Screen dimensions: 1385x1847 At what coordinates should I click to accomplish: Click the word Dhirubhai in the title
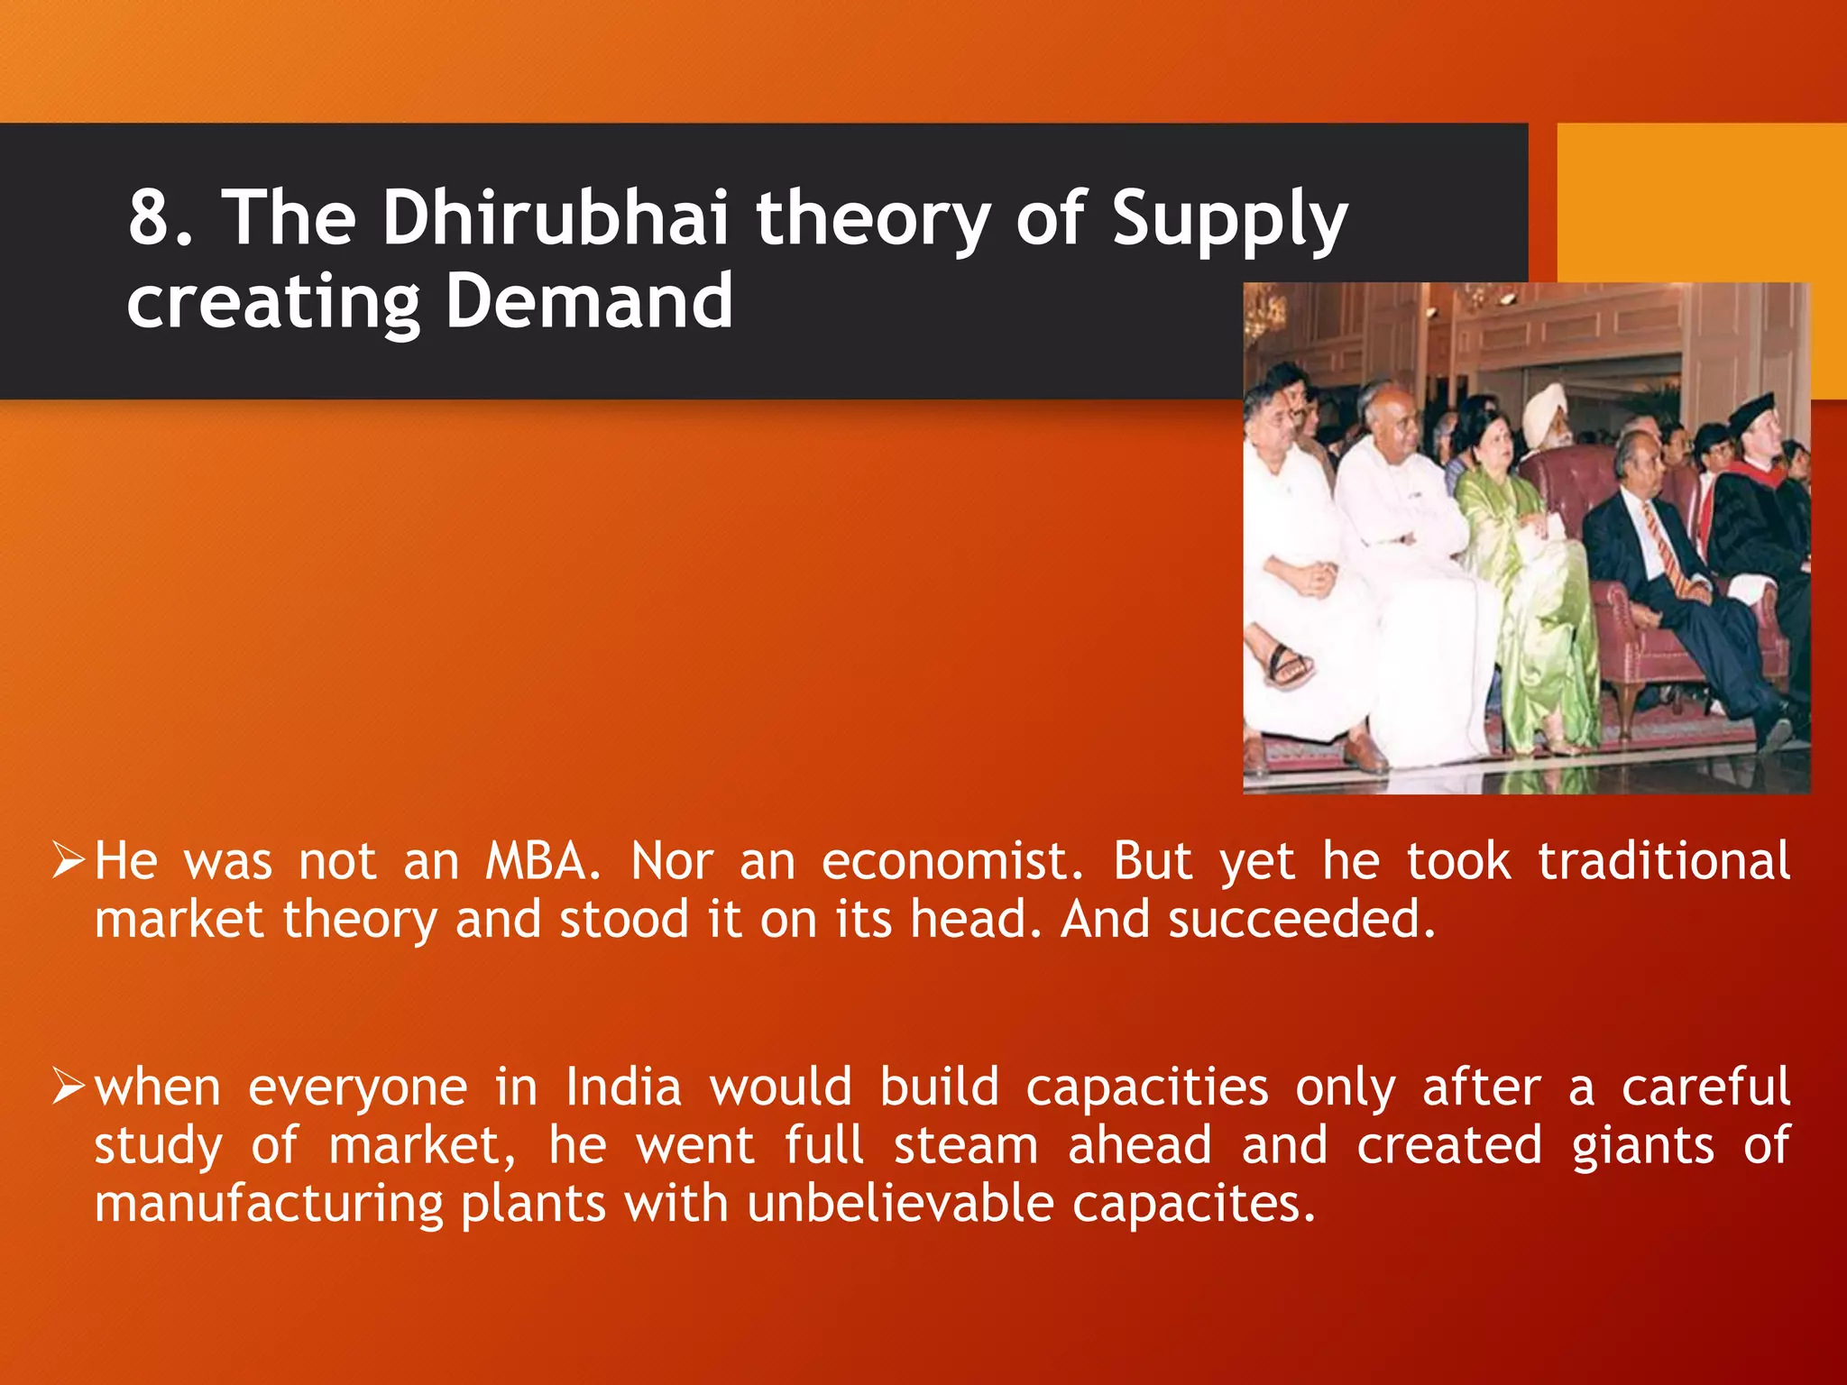pyautogui.click(x=555, y=218)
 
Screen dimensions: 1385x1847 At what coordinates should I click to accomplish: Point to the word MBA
pyautogui.click(x=542, y=861)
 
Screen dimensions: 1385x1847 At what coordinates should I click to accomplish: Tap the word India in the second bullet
pyautogui.click(x=623, y=1087)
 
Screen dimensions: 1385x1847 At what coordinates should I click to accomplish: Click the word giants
pyautogui.click(x=1642, y=1147)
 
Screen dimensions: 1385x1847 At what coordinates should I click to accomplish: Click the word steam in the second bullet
pyautogui.click(x=966, y=1147)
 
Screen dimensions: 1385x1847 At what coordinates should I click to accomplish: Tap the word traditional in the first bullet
pyautogui.click(x=1664, y=861)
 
